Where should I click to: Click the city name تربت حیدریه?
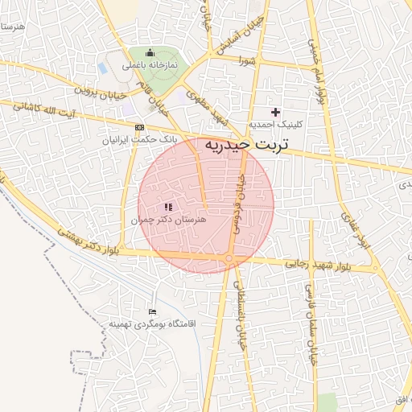pos(246,146)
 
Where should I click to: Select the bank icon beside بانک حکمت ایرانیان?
pos(142,128)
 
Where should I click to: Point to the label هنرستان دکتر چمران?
pos(168,219)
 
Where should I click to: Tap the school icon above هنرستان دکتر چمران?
pos(168,207)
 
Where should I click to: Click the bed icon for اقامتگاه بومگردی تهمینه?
pos(153,311)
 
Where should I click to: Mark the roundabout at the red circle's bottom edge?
pos(230,258)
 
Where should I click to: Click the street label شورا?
pos(248,60)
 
